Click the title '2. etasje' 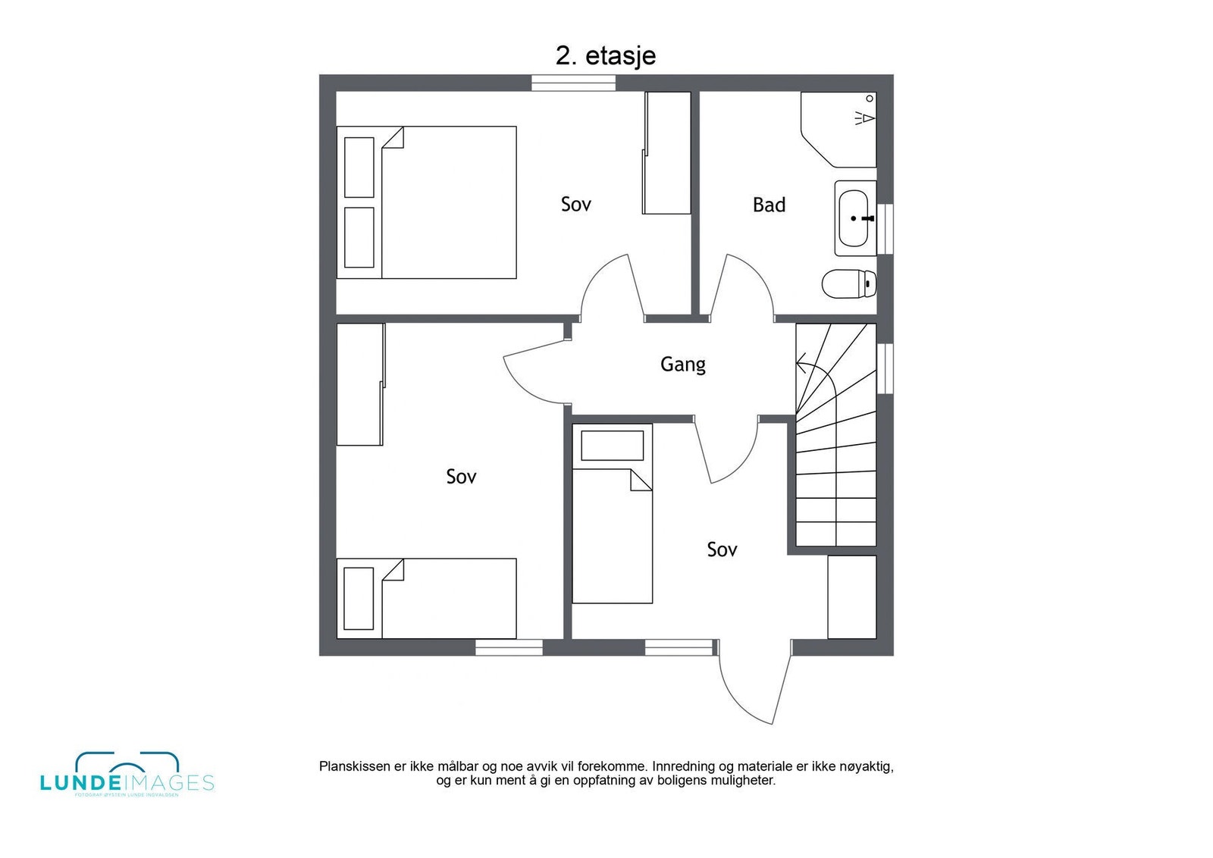605,55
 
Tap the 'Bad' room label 769,205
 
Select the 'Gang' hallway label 682,365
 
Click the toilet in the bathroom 848,283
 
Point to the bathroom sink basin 854,218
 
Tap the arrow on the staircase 801,368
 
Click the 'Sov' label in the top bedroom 575,204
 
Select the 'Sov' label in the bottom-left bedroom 461,477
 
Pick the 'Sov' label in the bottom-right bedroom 721,550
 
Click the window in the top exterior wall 572,83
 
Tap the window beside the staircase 885,368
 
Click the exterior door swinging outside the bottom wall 752,686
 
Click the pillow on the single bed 612,446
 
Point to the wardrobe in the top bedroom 666,153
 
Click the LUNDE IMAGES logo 127,775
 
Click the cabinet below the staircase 851,597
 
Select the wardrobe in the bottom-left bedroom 359,384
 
